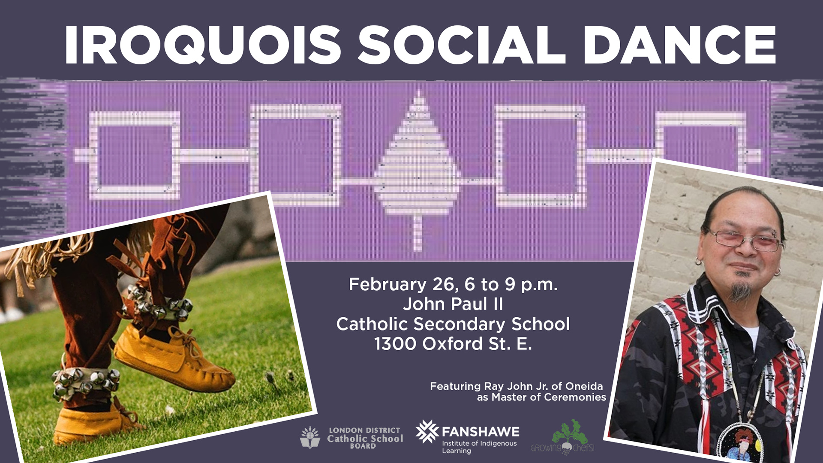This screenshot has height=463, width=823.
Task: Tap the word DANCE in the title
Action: (x=679, y=45)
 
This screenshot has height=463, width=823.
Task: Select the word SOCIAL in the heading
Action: (x=462, y=45)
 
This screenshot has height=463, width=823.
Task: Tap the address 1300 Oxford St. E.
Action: (x=453, y=344)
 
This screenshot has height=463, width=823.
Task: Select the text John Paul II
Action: (x=453, y=304)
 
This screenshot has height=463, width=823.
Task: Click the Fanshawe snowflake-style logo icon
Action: (x=427, y=431)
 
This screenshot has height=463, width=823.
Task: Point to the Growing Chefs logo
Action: (x=563, y=437)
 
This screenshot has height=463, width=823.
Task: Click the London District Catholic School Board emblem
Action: (x=310, y=437)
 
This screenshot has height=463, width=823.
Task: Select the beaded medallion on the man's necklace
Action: (x=741, y=444)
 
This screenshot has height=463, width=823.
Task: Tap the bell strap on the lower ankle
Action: (x=86, y=382)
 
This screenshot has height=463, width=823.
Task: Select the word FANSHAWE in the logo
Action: (x=481, y=432)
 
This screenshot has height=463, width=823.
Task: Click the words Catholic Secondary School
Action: (x=453, y=324)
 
